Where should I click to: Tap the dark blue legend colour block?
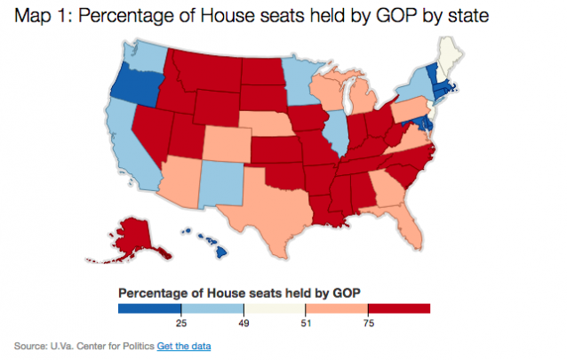(149, 308)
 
